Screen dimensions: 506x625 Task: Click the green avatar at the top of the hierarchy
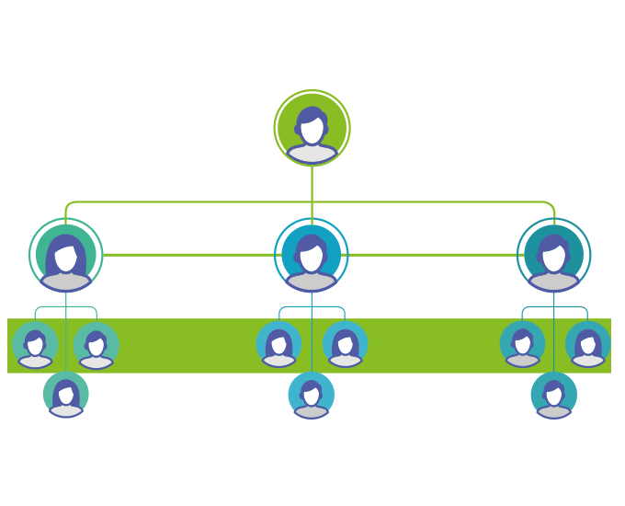[x=312, y=129]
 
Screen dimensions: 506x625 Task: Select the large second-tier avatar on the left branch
[x=66, y=255]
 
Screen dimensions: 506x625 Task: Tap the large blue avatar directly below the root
[x=312, y=255]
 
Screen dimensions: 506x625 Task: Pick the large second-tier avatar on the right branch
[x=554, y=255]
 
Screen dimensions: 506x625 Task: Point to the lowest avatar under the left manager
[x=66, y=395]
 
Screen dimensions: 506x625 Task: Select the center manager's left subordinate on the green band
[x=279, y=345]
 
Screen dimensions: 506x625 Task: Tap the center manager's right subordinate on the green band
[x=346, y=345]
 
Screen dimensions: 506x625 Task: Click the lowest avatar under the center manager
[x=312, y=395]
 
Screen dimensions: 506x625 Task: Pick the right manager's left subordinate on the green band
[x=522, y=345]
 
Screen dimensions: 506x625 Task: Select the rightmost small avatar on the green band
[x=588, y=345]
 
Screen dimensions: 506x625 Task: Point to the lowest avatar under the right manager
[x=554, y=395]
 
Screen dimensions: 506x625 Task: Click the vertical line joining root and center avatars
[x=312, y=184]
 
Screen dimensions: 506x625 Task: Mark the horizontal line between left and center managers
[x=188, y=254]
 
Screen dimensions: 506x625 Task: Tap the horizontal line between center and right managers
[x=432, y=254]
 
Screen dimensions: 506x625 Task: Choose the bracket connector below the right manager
[x=539, y=306]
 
